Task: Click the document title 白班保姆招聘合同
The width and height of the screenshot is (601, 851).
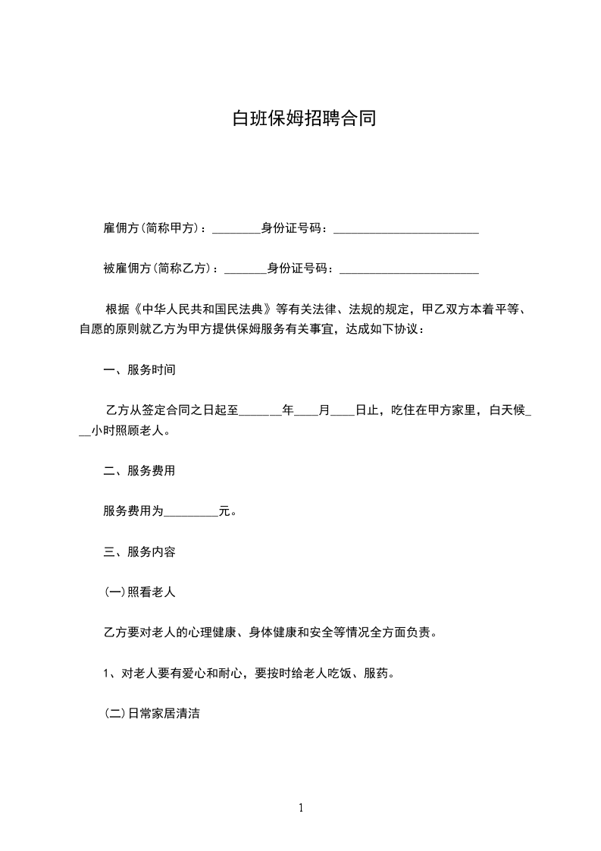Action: click(x=303, y=119)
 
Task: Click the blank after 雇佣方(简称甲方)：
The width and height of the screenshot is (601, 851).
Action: click(x=236, y=229)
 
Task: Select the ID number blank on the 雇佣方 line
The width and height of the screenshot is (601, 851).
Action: click(x=405, y=229)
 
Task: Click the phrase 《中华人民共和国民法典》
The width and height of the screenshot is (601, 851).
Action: click(x=202, y=309)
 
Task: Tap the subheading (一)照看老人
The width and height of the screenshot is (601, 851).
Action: click(x=139, y=592)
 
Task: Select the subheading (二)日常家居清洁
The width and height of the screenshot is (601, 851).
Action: click(x=152, y=714)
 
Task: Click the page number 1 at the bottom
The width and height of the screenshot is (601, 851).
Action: click(x=301, y=809)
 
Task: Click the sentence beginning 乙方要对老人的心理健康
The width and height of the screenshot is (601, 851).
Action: click(x=269, y=633)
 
